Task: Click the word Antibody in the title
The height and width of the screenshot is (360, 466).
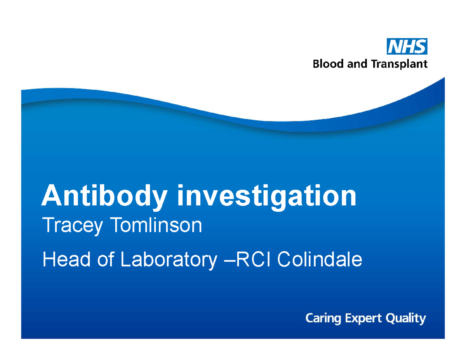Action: pos(105,197)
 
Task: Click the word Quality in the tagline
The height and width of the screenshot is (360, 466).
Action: pos(406,320)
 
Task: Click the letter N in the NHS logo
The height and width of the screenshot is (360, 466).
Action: pos(396,47)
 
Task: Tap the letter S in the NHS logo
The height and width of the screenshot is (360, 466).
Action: pos(419,47)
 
